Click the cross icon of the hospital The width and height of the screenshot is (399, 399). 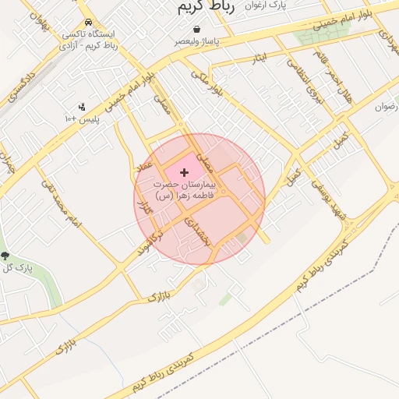click(x=185, y=171)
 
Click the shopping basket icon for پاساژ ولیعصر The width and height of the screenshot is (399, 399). click(x=196, y=28)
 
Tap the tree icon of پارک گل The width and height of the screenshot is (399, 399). click(x=5, y=256)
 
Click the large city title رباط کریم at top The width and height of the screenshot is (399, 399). click(x=189, y=7)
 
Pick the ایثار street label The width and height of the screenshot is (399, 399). click(x=259, y=58)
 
